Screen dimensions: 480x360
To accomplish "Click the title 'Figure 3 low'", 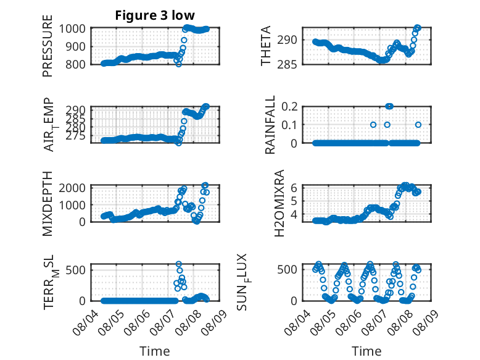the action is (x=155, y=15).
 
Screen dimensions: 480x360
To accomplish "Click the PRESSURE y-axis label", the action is (x=48, y=46).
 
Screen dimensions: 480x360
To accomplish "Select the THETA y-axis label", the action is (x=266, y=46).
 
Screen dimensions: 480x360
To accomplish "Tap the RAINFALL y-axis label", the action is (x=270, y=125).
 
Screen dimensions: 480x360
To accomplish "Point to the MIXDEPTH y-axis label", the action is (x=48, y=204).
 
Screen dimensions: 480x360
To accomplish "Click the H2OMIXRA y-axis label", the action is (x=279, y=203).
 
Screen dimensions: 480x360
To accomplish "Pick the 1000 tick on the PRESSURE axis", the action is (x=72, y=29).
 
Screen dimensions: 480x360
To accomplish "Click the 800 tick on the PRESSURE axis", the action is (x=75, y=64).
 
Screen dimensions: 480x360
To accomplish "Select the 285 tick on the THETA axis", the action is (x=287, y=64).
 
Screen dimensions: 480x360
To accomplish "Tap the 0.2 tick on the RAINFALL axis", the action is (x=289, y=107).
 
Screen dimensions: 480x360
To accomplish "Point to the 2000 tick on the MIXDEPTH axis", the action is (x=72, y=188).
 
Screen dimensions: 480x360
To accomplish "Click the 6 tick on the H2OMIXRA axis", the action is (x=294, y=188).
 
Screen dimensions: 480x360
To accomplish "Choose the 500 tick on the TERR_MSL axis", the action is (x=75, y=270).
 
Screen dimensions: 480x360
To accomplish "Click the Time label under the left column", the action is (x=155, y=351).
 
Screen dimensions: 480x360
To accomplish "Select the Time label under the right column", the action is (x=366, y=351).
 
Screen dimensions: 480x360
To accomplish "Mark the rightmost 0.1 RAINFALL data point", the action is (x=418, y=125).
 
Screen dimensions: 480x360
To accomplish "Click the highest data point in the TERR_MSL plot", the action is (x=179, y=264).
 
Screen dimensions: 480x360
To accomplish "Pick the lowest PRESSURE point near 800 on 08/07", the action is (x=179, y=64).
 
